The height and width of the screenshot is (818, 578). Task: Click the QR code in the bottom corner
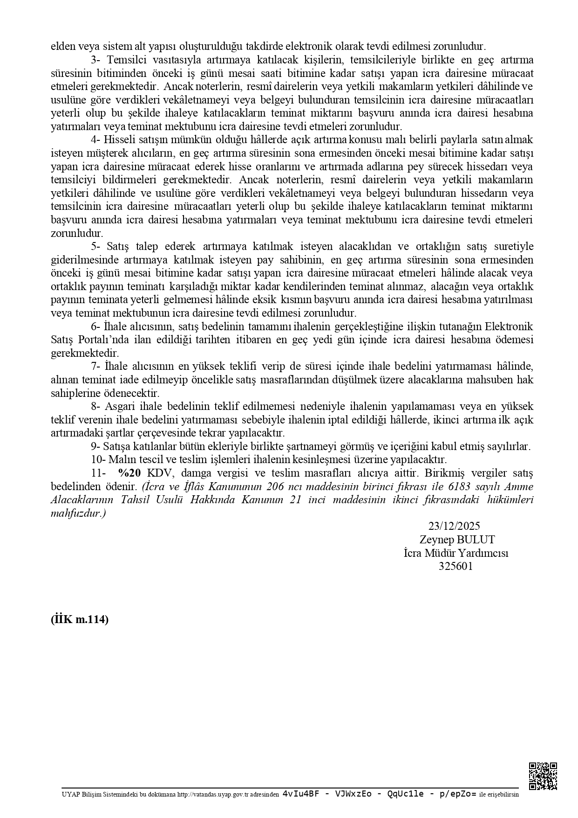[x=543, y=776]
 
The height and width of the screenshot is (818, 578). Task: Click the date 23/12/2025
[x=454, y=526]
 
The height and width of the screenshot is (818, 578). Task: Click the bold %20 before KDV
[x=129, y=473]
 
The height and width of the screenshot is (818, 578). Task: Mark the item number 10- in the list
[x=98, y=459]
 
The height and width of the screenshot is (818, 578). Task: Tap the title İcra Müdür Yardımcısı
[x=456, y=553]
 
